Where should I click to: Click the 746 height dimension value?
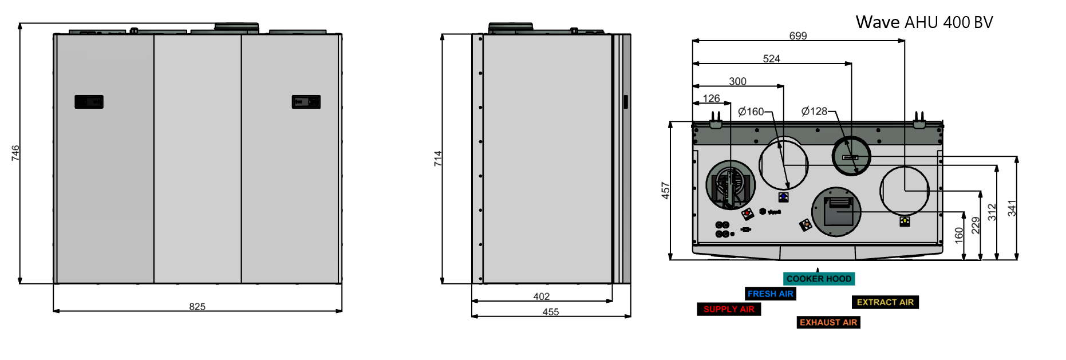coord(15,153)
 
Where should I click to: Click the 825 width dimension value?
coord(198,307)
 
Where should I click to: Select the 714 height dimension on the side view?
coord(438,159)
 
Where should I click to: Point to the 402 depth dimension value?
coord(542,296)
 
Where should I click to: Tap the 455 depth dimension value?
coord(551,312)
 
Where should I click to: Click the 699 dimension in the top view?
coord(798,36)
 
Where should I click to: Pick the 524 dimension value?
coord(772,59)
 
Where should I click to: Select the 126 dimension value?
coord(712,98)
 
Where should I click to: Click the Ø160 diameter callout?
coord(751,112)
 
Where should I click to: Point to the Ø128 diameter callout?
coord(815,112)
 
